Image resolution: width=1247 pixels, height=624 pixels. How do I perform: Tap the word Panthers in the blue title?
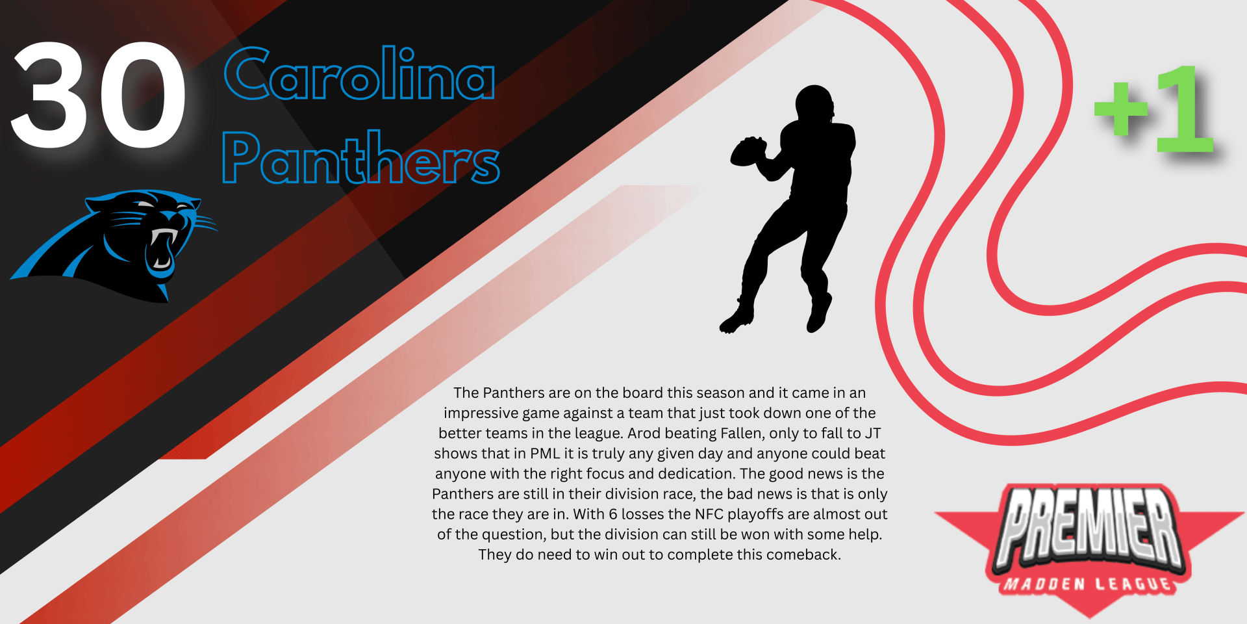coord(361,157)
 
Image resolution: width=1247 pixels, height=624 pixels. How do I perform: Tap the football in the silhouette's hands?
coord(748,151)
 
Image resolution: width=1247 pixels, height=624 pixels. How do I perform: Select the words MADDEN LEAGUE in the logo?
coord(1088,584)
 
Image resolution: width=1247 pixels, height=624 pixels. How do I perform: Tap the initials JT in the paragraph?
coord(872,433)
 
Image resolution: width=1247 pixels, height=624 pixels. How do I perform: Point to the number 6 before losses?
coord(612,514)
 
